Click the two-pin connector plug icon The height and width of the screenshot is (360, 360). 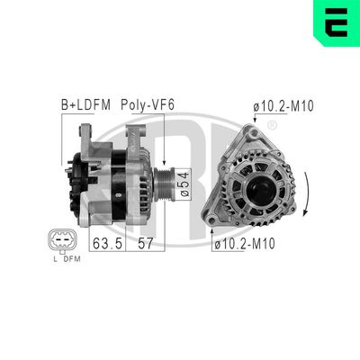point(59,241)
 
